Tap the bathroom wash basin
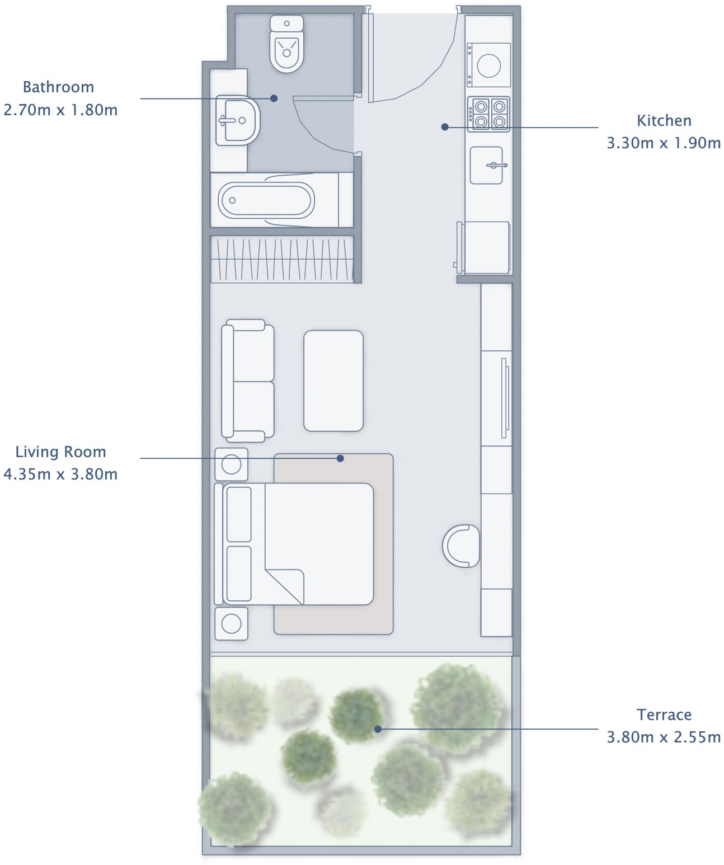(x=238, y=120)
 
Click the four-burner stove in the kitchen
(x=489, y=114)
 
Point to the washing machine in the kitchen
(x=489, y=65)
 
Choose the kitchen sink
(x=486, y=165)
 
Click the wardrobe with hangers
(x=282, y=260)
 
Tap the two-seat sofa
(x=248, y=381)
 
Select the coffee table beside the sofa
(x=333, y=381)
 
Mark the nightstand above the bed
(x=232, y=464)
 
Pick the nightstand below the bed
(x=232, y=623)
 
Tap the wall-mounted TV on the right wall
(x=505, y=398)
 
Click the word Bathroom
(x=58, y=87)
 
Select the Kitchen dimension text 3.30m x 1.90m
(x=664, y=143)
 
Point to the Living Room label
(x=60, y=452)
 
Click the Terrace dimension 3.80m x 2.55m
(x=664, y=737)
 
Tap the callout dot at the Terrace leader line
(x=378, y=729)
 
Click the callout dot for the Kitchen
(x=445, y=127)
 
